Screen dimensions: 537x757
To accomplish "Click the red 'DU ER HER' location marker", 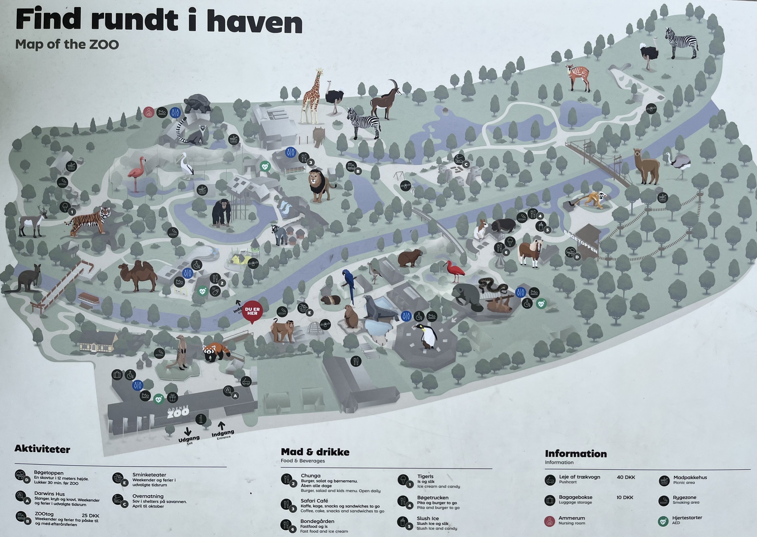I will point(252,312).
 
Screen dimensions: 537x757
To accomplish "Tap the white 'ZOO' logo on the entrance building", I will point(178,412).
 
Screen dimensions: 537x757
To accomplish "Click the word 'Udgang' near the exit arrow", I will point(189,439).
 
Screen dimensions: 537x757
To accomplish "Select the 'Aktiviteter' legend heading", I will point(42,449).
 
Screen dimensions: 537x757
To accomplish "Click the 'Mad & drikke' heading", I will point(315,452).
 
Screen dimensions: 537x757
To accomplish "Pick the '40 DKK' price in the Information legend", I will point(626,477).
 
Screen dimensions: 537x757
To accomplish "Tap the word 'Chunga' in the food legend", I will point(311,476).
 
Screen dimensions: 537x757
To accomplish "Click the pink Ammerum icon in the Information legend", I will point(549,521).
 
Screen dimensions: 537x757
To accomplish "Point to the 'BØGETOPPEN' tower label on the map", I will point(581,242).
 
